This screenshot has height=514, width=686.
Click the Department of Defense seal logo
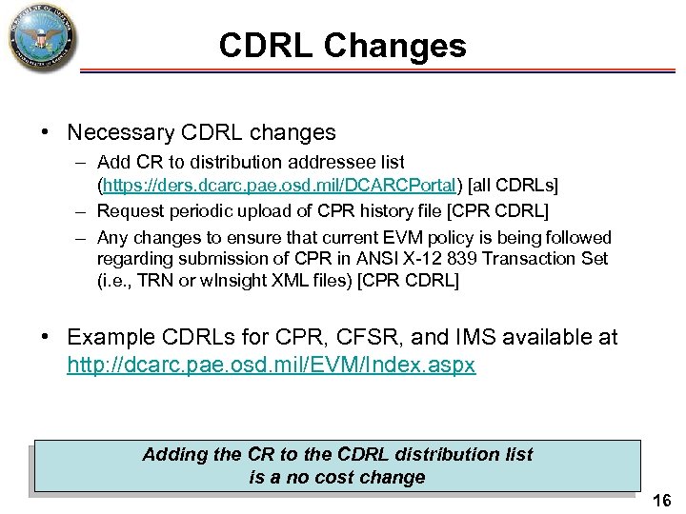(40, 40)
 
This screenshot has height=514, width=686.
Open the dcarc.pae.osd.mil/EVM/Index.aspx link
(271, 365)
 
